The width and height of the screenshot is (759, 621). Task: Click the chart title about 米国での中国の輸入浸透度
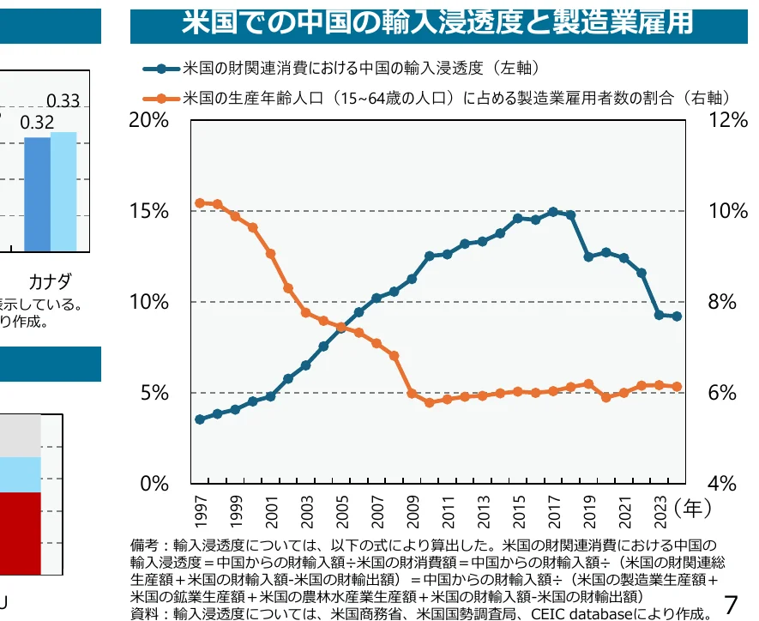click(x=437, y=23)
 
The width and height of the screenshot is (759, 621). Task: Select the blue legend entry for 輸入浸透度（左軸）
click(x=360, y=68)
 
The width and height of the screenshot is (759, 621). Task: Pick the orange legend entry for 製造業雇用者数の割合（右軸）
click(x=455, y=98)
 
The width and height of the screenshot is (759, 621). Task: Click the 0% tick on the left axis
click(x=154, y=484)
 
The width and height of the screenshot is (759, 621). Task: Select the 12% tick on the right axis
click(x=728, y=121)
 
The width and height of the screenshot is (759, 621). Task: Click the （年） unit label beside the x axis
click(x=693, y=508)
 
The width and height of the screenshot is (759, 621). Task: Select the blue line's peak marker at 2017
click(x=553, y=211)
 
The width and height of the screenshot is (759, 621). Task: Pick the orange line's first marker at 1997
click(x=200, y=203)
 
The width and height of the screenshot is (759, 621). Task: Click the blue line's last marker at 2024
click(x=678, y=317)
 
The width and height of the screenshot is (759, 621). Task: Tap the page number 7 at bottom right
click(x=732, y=602)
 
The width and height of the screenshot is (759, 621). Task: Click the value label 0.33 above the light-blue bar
click(x=63, y=101)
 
